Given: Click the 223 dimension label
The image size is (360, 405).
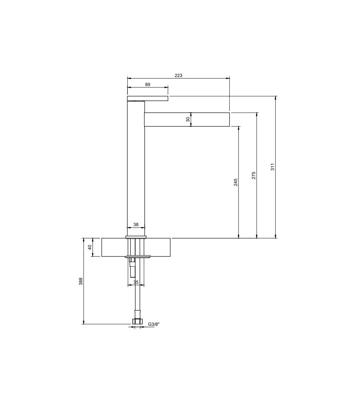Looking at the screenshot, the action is pos(178,76).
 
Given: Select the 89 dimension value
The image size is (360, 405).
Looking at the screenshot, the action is pos(148,85).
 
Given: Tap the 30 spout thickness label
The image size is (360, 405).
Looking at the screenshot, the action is pos(188,119).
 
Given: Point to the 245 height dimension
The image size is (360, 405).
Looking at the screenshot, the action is pos(235,182).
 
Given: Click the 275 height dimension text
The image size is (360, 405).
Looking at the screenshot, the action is pos(253,175).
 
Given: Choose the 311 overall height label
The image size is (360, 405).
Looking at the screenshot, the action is pos(273,167).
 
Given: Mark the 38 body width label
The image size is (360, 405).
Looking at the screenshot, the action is pos(136,224).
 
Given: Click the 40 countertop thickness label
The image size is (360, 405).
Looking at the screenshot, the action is pos(90,247).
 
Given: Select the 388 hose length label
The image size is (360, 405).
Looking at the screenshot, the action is pos(81,281).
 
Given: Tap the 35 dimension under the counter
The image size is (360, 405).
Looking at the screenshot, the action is pos(136,282).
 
